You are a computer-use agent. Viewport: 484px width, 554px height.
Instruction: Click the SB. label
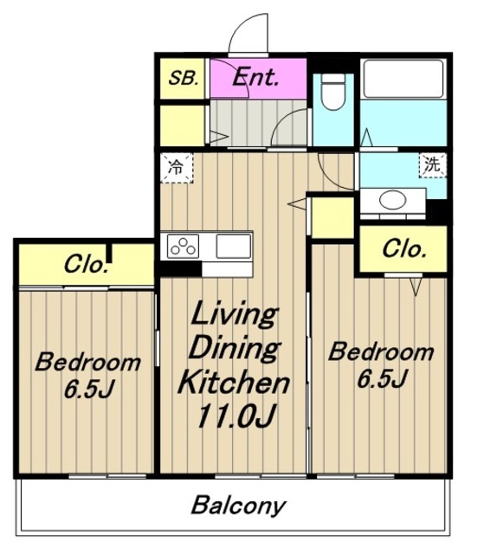click(x=183, y=78)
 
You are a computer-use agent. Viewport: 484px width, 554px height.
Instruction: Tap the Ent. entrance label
click(x=255, y=77)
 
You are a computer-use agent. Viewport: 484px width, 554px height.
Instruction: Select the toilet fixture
click(x=333, y=92)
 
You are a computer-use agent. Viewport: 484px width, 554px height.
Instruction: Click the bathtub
click(x=403, y=79)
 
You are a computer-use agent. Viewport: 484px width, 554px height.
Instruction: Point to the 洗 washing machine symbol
click(x=432, y=164)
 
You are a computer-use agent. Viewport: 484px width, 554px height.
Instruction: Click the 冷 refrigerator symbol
click(x=177, y=168)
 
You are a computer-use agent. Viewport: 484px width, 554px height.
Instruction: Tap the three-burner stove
click(x=183, y=246)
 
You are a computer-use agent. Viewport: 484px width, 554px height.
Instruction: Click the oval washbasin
click(x=393, y=200)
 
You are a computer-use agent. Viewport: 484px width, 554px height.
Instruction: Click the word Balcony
click(x=238, y=506)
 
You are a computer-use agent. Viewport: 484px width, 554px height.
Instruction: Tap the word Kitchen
click(x=234, y=382)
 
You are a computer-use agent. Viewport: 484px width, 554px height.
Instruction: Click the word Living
click(x=234, y=314)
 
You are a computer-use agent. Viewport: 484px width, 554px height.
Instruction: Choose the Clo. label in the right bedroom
click(x=403, y=249)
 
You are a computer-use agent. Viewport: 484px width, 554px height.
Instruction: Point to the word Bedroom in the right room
click(x=381, y=351)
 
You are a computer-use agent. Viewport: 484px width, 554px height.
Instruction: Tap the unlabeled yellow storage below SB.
click(x=183, y=125)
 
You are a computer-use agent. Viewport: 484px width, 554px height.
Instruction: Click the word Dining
click(x=235, y=348)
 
